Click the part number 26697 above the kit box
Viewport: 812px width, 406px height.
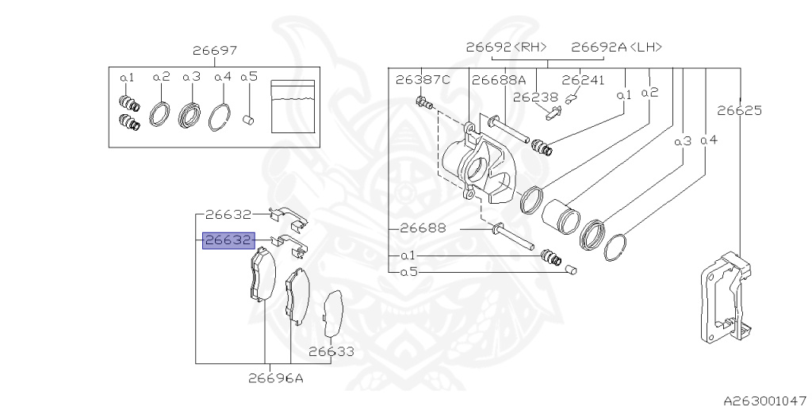[215, 51]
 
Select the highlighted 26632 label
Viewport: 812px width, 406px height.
[228, 240]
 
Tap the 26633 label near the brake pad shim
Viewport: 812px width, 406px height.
[332, 351]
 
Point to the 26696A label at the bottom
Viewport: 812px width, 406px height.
[275, 378]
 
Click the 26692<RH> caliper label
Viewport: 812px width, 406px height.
[507, 47]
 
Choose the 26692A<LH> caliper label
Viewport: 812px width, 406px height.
[617, 47]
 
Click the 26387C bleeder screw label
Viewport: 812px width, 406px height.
[423, 80]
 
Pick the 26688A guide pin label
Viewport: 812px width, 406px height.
[499, 80]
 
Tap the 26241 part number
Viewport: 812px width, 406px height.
[583, 80]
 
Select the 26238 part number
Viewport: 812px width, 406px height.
[535, 97]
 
